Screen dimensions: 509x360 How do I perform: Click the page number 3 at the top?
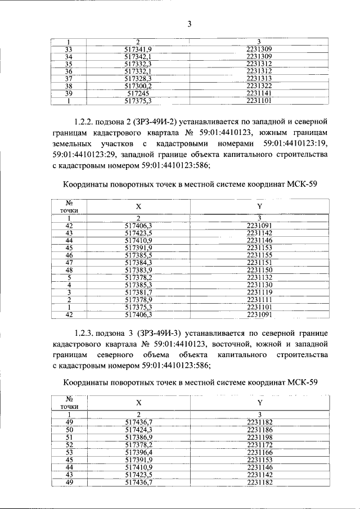190,23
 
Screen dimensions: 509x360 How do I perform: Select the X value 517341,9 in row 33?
138,49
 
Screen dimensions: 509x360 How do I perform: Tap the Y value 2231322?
259,86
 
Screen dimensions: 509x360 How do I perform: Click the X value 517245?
138,93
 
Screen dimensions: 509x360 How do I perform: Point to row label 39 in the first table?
69,93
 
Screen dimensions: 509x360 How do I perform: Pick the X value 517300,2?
138,86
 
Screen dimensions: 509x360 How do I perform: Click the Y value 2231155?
259,255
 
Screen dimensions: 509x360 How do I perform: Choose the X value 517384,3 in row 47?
138,262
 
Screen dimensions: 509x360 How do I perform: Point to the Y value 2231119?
259,292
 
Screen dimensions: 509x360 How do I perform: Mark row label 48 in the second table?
69,270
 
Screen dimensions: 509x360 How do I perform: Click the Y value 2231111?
259,300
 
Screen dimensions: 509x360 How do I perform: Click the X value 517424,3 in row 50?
138,429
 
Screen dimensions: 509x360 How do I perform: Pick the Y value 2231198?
259,437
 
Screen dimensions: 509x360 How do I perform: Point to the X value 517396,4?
138,452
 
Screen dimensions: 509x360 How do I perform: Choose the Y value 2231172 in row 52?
259,444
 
